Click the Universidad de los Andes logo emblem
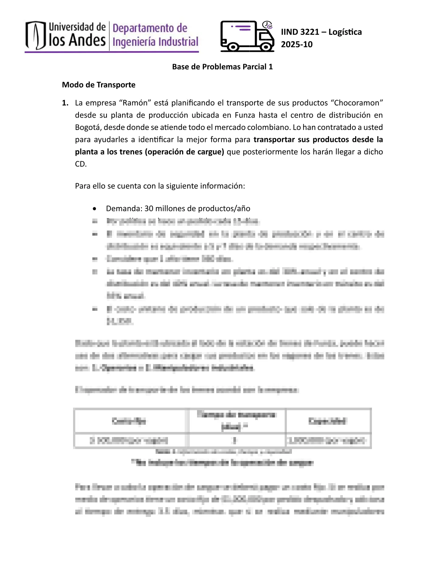point(36,35)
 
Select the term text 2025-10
point(297,44)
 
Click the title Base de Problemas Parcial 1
point(222,67)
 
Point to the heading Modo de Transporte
point(99,85)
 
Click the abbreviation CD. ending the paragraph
point(81,164)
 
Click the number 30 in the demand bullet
point(149,208)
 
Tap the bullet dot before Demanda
point(95,209)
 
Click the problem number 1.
point(65,103)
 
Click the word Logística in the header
point(345,32)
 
